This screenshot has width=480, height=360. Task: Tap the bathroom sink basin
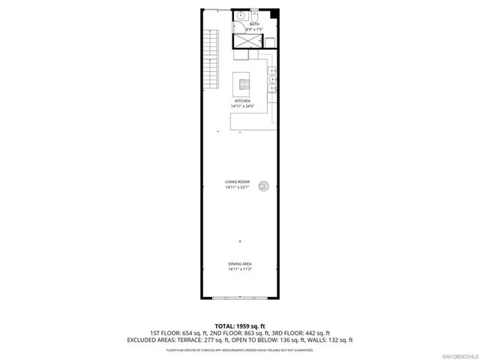click(241, 15)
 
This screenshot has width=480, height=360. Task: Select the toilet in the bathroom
click(255, 14)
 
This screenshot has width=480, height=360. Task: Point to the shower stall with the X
click(247, 41)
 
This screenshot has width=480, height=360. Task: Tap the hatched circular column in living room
click(264, 186)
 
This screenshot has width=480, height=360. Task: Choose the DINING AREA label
click(240, 264)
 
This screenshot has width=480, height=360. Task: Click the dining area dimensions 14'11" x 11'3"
click(240, 269)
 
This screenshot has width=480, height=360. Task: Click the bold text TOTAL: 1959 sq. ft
click(239, 326)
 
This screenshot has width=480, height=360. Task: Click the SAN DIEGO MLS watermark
click(458, 354)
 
